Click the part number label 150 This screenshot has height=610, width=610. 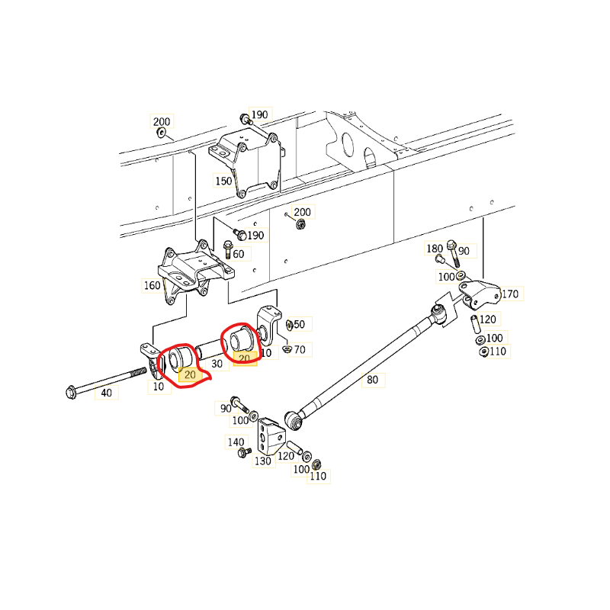click(223, 181)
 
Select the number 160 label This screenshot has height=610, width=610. click(152, 285)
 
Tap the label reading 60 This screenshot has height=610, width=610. click(239, 254)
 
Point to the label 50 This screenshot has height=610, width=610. click(299, 325)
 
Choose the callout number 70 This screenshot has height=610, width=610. click(300, 350)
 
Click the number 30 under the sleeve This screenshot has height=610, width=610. click(217, 364)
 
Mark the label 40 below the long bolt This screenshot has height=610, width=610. click(106, 393)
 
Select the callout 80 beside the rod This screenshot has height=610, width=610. click(372, 380)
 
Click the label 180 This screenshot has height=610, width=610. click(435, 249)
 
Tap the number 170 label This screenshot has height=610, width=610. click(510, 294)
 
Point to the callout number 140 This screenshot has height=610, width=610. click(236, 442)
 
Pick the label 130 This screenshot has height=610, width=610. click(262, 461)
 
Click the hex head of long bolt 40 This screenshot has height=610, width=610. click(71, 392)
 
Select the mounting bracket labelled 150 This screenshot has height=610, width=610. click(246, 164)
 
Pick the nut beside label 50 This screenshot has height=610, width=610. click(289, 325)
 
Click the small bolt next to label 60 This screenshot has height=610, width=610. click(228, 250)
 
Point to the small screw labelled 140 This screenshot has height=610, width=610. click(244, 452)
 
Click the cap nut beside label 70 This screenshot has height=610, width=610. click(287, 348)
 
